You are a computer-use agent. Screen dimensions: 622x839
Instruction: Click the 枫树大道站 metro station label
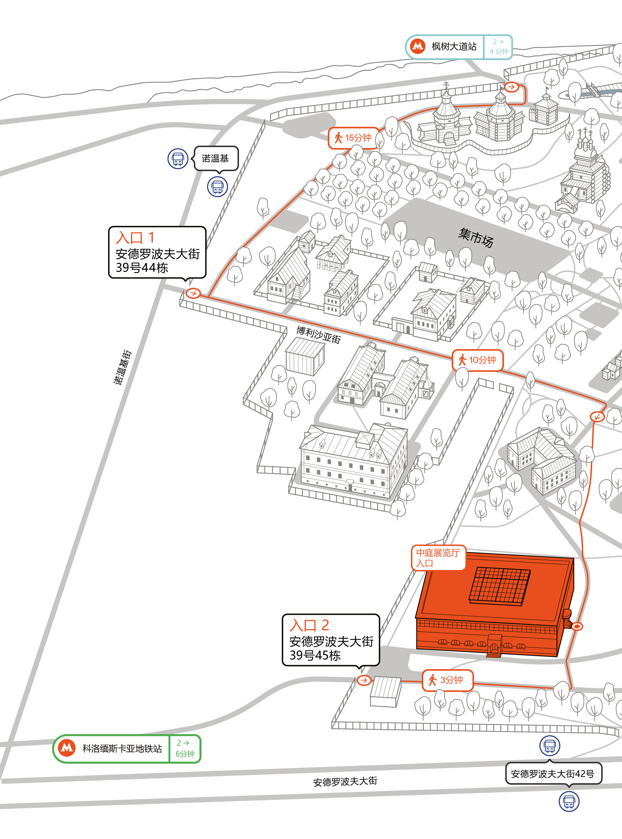[x=454, y=47]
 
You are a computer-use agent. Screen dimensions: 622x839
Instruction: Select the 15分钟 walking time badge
[x=353, y=138]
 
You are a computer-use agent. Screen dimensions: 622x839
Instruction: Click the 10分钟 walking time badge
[x=477, y=360]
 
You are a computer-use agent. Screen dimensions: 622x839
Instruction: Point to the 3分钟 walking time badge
[x=447, y=680]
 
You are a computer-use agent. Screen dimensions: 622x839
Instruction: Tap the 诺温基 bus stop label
[x=216, y=159]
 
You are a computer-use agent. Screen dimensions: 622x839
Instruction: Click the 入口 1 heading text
[x=135, y=238]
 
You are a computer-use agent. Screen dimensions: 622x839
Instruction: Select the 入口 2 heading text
[x=310, y=625]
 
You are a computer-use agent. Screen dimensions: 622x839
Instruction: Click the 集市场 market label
[x=476, y=238]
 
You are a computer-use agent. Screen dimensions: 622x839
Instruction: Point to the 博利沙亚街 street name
[x=318, y=335]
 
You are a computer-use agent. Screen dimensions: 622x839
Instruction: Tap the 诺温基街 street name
[x=123, y=367]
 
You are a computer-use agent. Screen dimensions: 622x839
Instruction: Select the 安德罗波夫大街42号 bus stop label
[x=553, y=773]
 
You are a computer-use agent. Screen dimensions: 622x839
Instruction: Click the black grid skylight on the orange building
[x=499, y=586]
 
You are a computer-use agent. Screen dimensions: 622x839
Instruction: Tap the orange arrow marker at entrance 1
[x=193, y=293]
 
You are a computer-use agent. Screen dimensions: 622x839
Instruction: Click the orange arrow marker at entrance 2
[x=364, y=680]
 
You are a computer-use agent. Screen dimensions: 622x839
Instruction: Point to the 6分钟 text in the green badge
[x=185, y=754]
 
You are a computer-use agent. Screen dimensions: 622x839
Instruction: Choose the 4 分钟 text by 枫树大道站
[x=499, y=51]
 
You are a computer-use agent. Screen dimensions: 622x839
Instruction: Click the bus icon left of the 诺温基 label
[x=178, y=159]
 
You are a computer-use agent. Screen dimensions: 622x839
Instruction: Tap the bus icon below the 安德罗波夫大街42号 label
[x=569, y=801]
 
